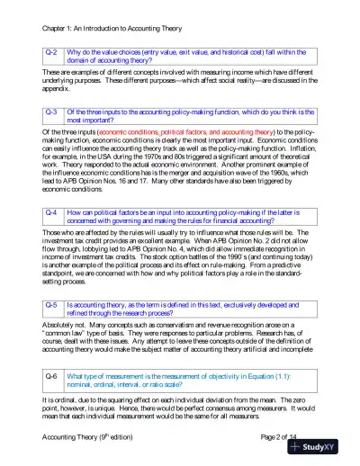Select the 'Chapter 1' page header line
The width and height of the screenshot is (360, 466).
coord(104,13)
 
